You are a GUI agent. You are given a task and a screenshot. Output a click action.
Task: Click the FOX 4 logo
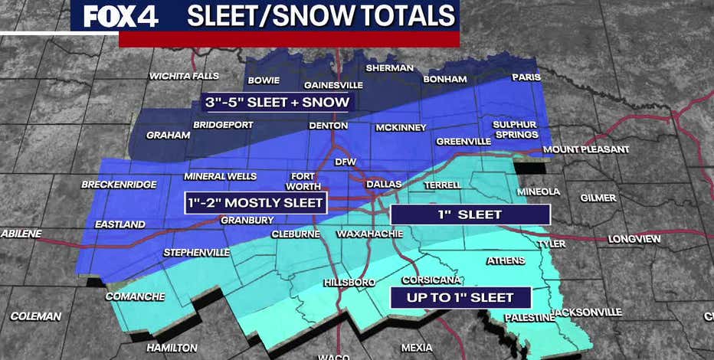(120, 17)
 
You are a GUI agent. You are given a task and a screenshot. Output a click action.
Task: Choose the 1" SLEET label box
(470, 214)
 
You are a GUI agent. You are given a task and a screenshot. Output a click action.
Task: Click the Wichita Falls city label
(184, 76)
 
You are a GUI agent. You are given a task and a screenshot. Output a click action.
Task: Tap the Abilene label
(21, 234)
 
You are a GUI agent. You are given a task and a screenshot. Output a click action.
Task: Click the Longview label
(634, 239)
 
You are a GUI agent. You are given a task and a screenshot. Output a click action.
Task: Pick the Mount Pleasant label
(585, 149)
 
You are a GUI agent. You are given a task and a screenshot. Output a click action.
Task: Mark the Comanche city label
(135, 296)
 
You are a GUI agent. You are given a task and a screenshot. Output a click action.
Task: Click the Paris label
(526, 77)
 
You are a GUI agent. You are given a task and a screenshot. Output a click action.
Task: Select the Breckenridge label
(119, 185)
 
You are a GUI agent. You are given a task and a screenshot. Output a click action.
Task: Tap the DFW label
(346, 162)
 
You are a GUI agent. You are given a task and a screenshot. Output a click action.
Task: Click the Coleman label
(35, 316)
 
